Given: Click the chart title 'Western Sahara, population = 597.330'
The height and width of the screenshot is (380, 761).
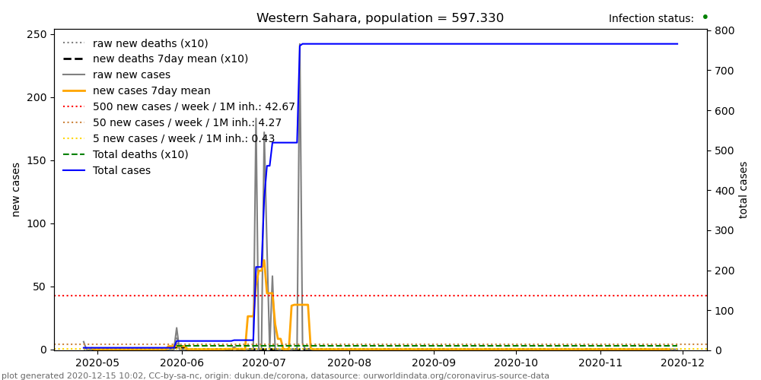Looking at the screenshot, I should pos(380,18).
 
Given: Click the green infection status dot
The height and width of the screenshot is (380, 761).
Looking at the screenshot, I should pos(705,16).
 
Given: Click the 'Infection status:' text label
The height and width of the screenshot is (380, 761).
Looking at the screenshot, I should pos(651,19).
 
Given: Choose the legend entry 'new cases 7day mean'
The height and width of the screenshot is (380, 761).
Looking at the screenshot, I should pos(151,91).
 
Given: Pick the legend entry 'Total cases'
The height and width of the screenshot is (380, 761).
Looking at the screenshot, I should pos(121,171).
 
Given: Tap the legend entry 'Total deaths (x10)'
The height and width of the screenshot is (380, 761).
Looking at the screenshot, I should pos(140,155).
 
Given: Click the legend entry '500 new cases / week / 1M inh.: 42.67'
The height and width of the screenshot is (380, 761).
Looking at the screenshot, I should pos(193,107).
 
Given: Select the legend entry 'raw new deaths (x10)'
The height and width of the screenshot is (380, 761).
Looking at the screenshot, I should pos(150,43).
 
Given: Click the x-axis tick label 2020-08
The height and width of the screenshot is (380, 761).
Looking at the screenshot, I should pos(349,363).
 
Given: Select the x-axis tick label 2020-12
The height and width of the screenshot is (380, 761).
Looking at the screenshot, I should pos(683,363).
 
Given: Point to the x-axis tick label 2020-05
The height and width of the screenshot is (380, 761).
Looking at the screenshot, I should pos(97,363).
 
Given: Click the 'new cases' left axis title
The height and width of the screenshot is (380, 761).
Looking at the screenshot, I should pos(16,189).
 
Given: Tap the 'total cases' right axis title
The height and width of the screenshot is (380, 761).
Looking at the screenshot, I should pos(743,189).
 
